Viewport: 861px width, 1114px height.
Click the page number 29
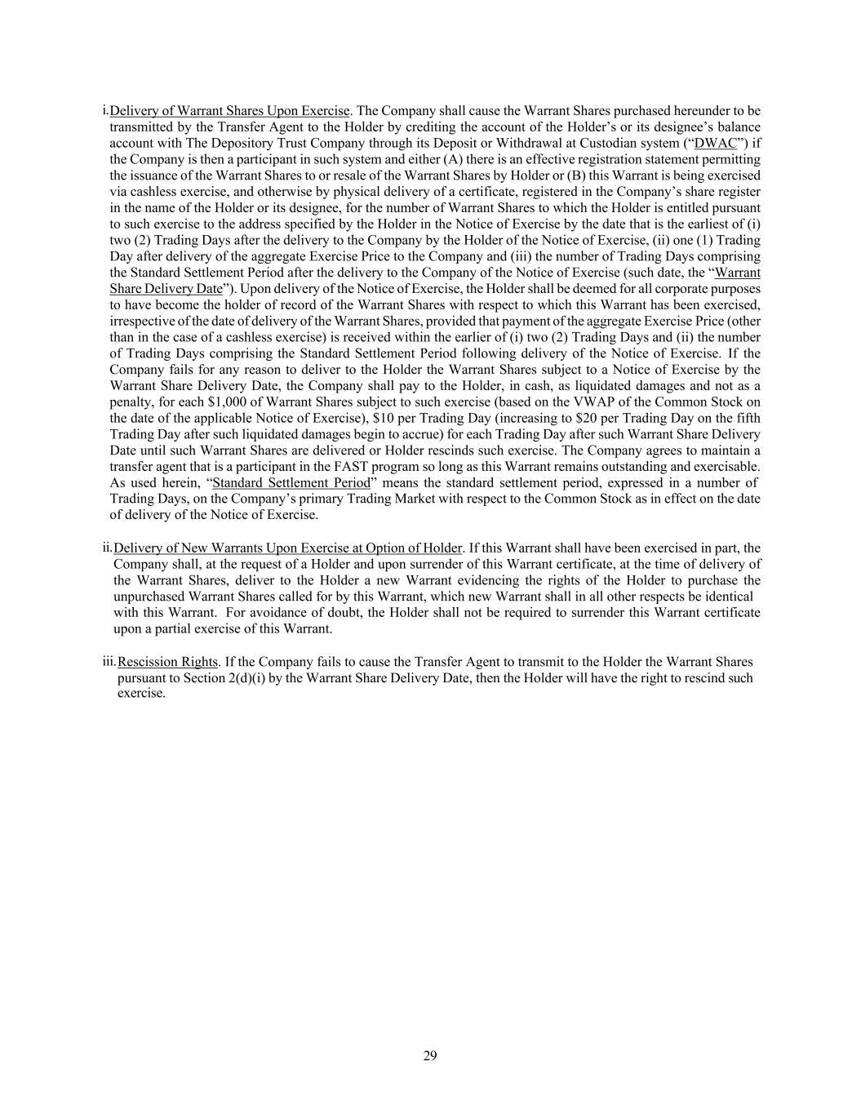[x=430, y=1056]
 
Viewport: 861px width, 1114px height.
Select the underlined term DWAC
[x=715, y=143]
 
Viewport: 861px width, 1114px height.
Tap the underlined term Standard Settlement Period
[x=291, y=482]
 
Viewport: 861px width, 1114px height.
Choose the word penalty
[x=130, y=402]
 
